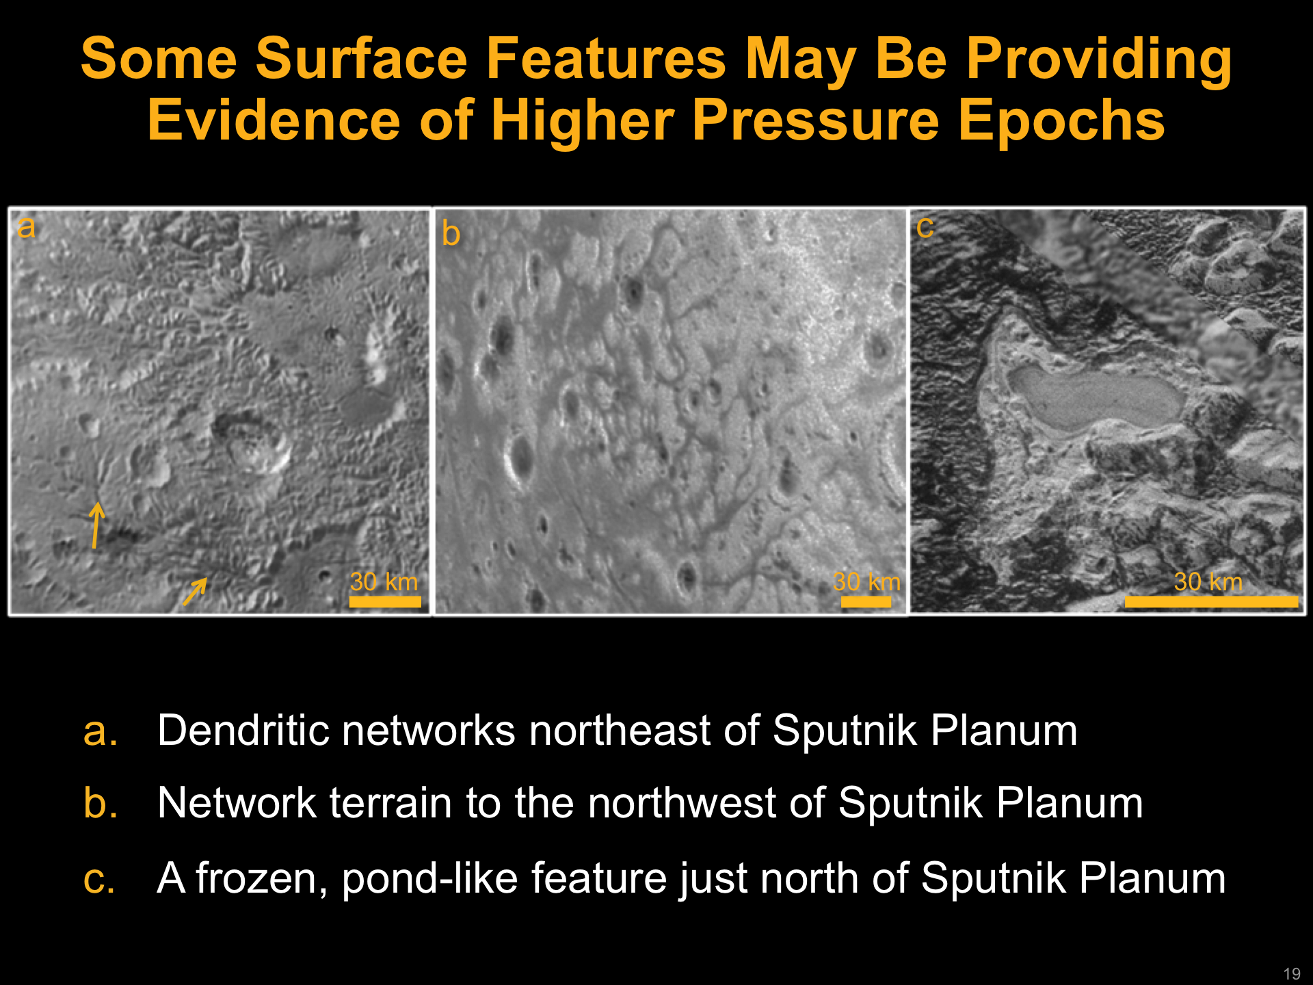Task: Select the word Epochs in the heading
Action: pos(1061,120)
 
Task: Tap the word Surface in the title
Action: pos(362,59)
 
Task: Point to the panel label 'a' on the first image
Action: pos(26,227)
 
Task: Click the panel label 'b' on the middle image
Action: pos(451,233)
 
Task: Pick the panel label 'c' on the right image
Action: pos(925,227)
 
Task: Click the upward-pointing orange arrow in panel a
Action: pos(96,525)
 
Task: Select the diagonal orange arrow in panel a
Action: pos(195,592)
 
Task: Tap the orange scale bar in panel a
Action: pos(385,602)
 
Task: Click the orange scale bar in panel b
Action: pos(866,602)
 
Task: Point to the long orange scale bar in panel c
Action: pos(1211,602)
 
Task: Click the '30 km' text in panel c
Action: pos(1208,581)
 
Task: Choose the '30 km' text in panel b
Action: pos(866,581)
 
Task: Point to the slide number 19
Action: pos(1292,973)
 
